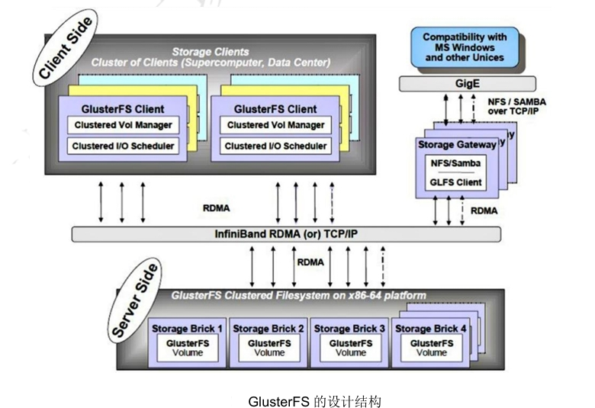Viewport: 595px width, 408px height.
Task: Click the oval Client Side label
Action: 64,50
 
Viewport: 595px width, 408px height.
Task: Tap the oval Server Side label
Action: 136,300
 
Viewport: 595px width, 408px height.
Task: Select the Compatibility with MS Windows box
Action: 464,47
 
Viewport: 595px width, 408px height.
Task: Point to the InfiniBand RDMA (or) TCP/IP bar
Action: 286,234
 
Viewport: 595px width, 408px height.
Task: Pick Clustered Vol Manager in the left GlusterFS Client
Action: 123,125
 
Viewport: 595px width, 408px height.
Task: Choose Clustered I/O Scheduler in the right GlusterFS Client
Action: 275,146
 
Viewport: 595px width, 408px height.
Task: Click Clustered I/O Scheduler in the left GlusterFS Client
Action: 123,146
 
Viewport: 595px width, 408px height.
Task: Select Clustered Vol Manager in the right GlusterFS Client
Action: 275,125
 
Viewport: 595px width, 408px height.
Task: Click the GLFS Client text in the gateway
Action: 455,182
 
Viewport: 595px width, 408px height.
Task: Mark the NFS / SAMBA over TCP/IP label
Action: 516,106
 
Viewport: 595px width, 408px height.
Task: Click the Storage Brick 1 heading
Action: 187,329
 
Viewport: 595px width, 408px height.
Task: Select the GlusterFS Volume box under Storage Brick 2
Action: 269,349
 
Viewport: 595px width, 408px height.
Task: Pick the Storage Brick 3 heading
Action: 349,329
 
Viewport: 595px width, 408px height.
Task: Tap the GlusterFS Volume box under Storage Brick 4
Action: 431,349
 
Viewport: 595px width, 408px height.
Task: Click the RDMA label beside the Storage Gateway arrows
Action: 485,209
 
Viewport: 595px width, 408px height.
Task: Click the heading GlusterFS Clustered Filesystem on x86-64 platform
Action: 298,295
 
